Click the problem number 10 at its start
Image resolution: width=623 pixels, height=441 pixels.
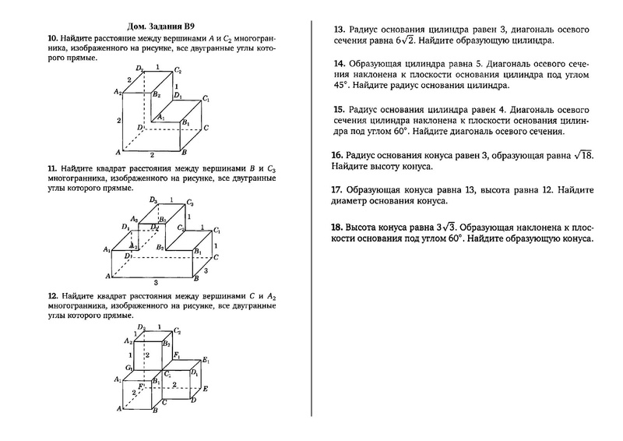point(51,37)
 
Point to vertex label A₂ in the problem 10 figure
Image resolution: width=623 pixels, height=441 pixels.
point(117,92)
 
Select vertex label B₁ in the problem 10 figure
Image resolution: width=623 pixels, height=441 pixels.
point(185,122)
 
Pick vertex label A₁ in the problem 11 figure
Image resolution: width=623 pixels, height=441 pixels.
point(106,249)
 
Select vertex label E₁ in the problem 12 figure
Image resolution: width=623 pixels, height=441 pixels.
point(205,360)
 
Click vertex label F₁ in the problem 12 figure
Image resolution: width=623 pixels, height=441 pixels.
point(177,355)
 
